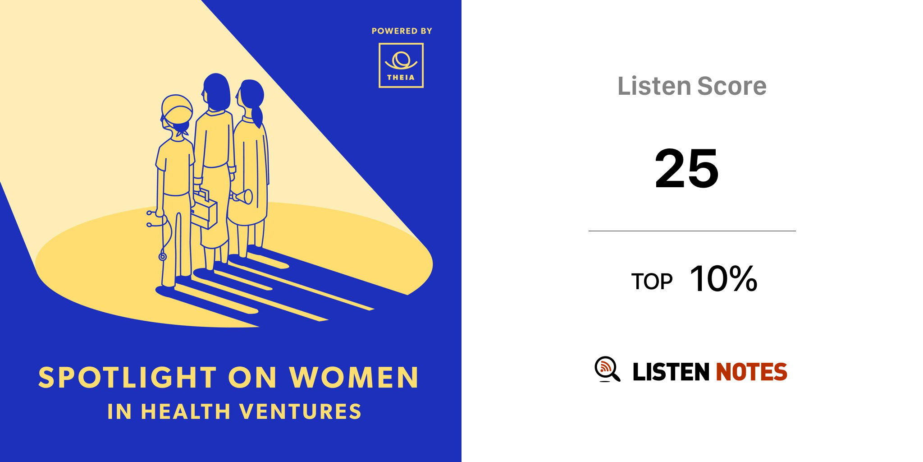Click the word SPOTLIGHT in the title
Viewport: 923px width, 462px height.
(128, 377)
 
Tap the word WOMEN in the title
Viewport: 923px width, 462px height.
(354, 377)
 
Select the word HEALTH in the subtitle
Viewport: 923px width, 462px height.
(186, 411)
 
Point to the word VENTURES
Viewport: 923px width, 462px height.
(300, 411)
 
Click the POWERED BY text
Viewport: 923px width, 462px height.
(402, 31)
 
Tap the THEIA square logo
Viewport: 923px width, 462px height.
(401, 65)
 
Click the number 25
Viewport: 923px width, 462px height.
(686, 168)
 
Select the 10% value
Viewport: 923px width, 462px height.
(723, 279)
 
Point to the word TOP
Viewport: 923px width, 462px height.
(652, 282)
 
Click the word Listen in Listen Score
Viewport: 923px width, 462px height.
(654, 86)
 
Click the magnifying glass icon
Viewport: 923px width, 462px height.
(607, 370)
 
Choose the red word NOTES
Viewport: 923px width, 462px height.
(751, 372)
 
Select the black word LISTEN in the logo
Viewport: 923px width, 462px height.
(671, 372)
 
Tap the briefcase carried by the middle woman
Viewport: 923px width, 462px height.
(204, 210)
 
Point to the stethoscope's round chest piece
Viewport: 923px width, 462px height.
(163, 257)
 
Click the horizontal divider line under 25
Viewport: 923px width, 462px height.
(692, 231)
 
